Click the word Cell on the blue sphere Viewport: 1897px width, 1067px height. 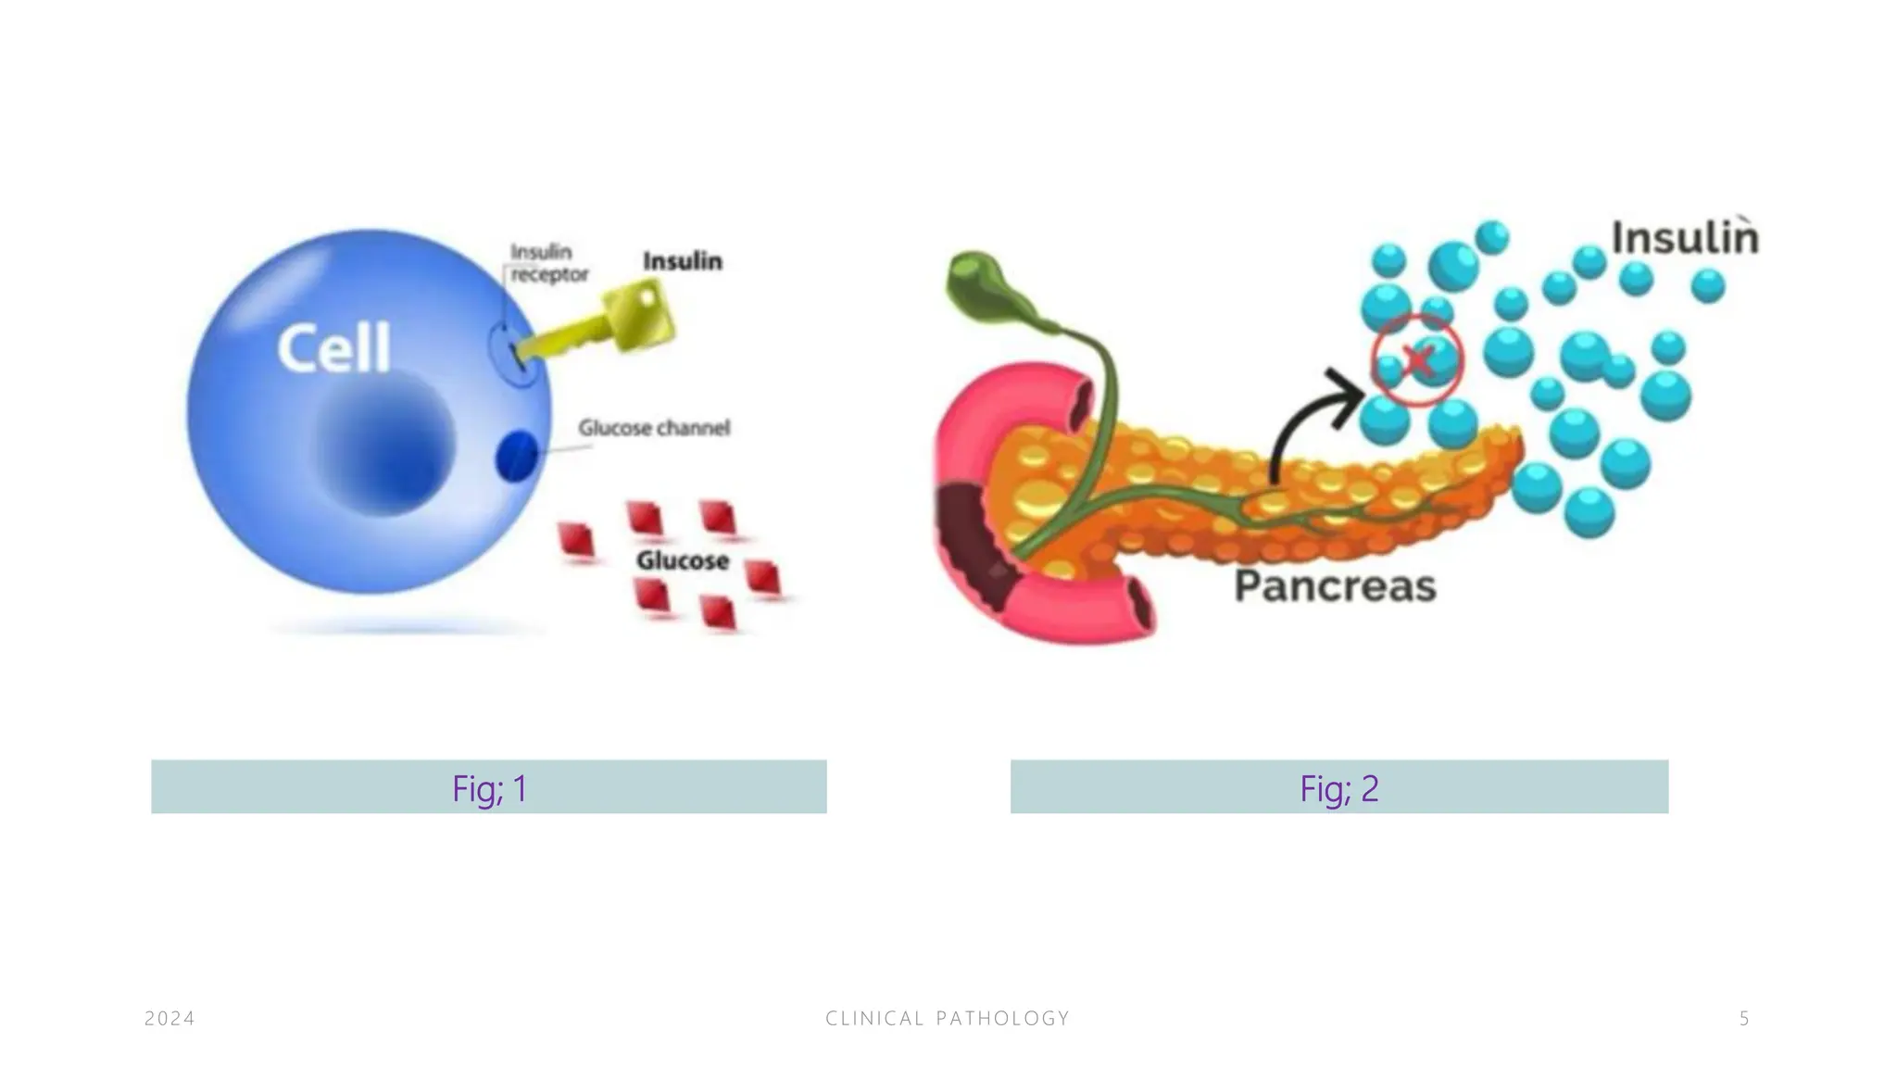pyautogui.click(x=334, y=349)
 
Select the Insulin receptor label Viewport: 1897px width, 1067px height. pyautogui.click(x=549, y=263)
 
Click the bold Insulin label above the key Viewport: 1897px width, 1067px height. pyautogui.click(x=683, y=262)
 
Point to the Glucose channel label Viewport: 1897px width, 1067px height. pyautogui.click(x=654, y=428)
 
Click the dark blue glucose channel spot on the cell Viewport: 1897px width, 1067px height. pyautogui.click(x=517, y=456)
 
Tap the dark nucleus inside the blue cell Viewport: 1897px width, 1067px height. pyautogui.click(x=383, y=446)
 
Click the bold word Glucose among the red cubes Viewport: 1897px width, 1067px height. pyautogui.click(x=683, y=560)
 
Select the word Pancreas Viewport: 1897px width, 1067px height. pyautogui.click(x=1336, y=586)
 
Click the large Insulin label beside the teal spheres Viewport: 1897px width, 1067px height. pyautogui.click(x=1685, y=238)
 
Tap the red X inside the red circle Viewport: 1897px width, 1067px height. pyautogui.click(x=1417, y=359)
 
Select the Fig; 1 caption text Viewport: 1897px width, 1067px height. pyautogui.click(x=489, y=788)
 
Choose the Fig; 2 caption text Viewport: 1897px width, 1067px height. pyautogui.click(x=1339, y=788)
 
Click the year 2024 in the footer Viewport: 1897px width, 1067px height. pyautogui.click(x=170, y=1019)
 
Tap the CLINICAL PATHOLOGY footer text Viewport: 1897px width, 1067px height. pyautogui.click(x=948, y=1019)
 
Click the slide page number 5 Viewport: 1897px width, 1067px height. pyautogui.click(x=1744, y=1019)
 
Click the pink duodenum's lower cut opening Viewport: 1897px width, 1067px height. pyautogui.click(x=1138, y=607)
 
